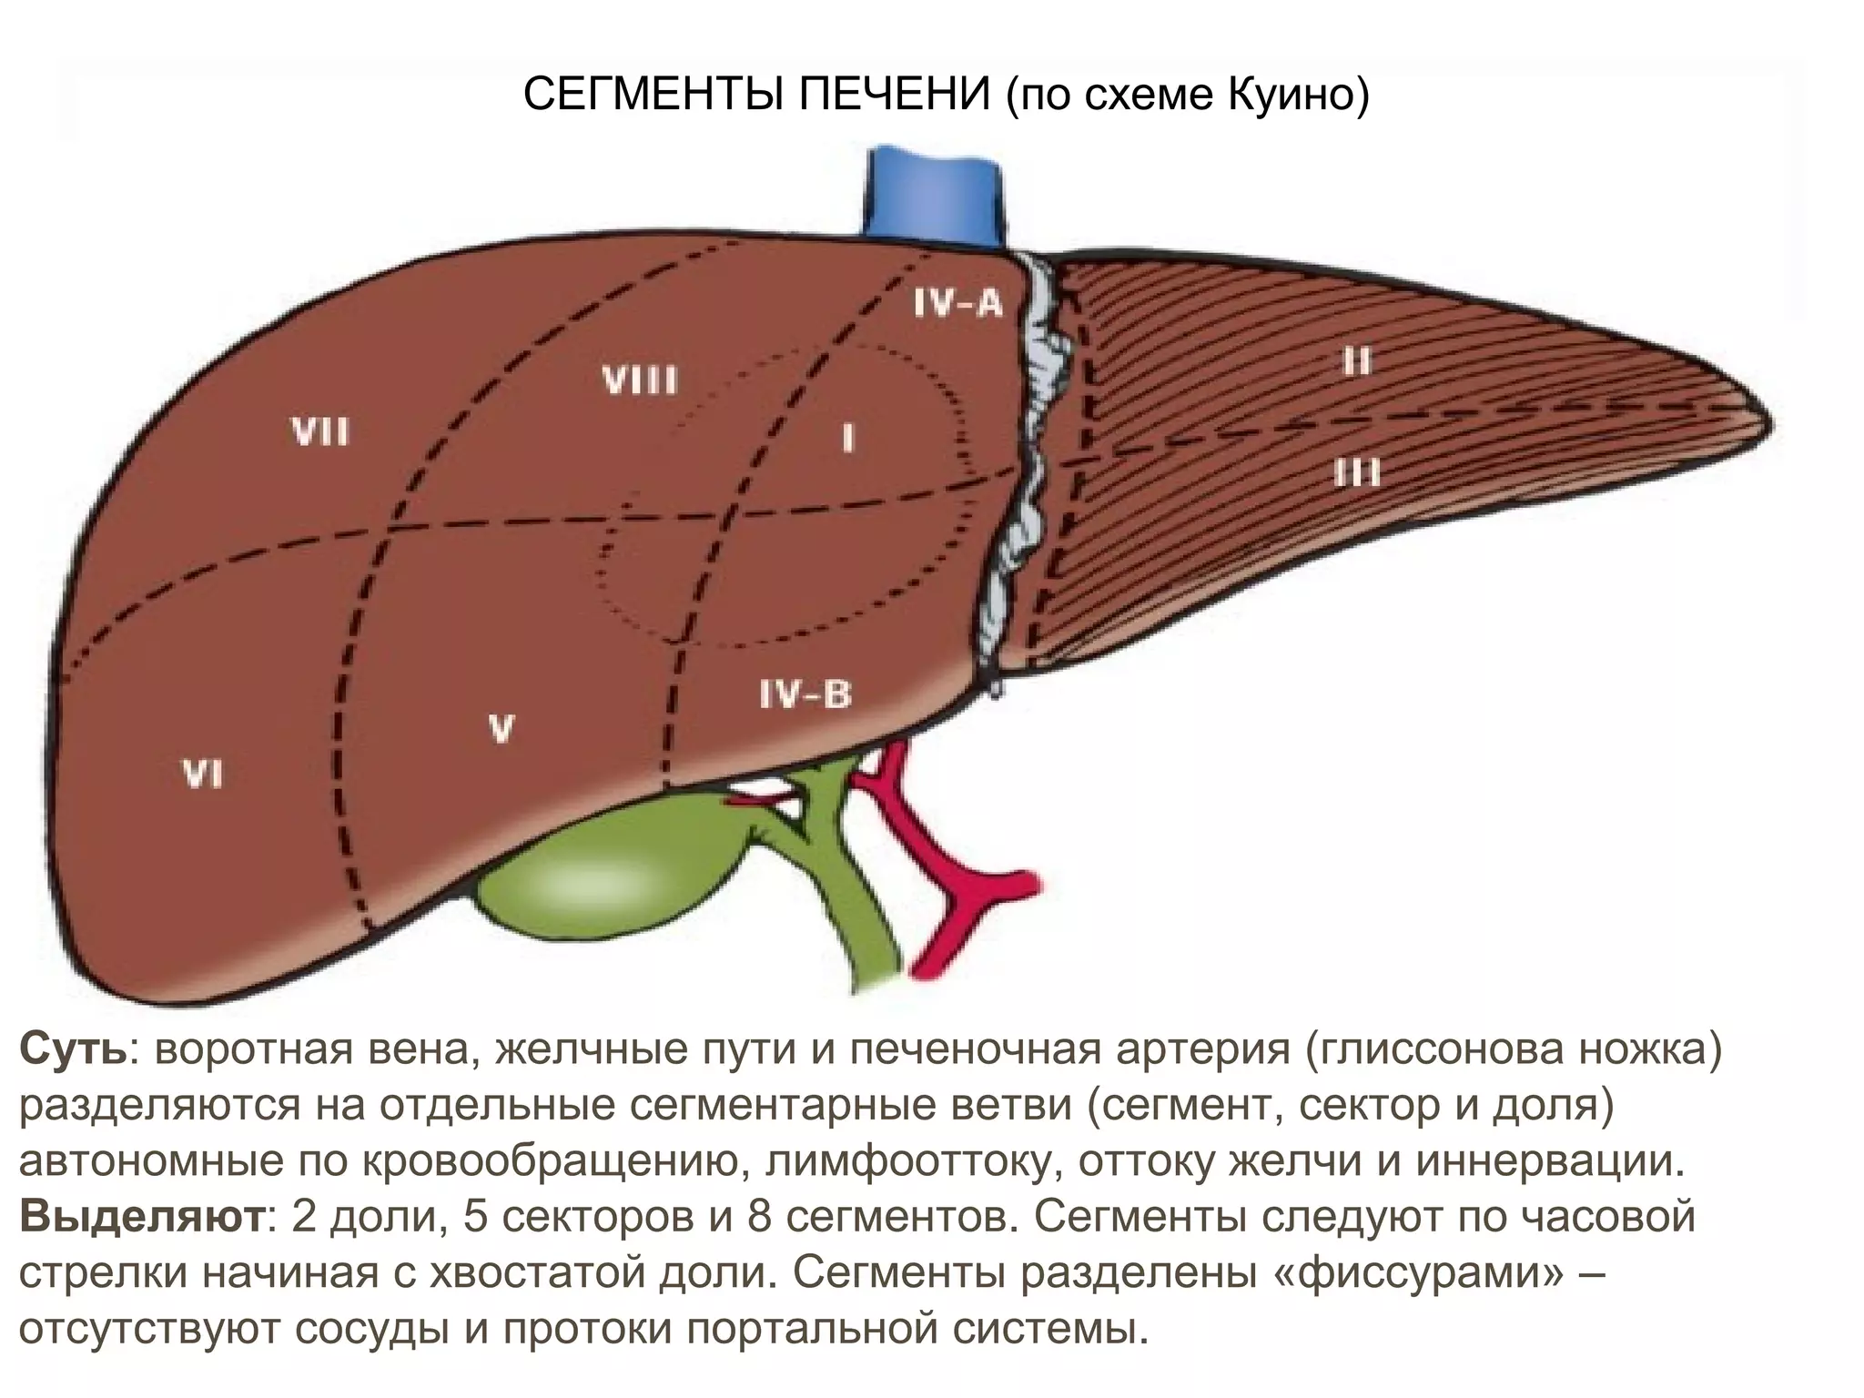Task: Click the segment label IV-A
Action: pyautogui.click(x=957, y=302)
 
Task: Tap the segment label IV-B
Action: pyautogui.click(x=805, y=695)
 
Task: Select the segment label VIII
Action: pyautogui.click(x=639, y=380)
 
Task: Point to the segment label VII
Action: pyautogui.click(x=320, y=431)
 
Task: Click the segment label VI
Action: pyautogui.click(x=202, y=775)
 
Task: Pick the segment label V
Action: pyautogui.click(x=501, y=728)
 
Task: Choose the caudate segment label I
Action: pyautogui.click(x=848, y=440)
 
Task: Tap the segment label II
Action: pyautogui.click(x=1356, y=362)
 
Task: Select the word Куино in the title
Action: pyautogui.click(x=1297, y=95)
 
